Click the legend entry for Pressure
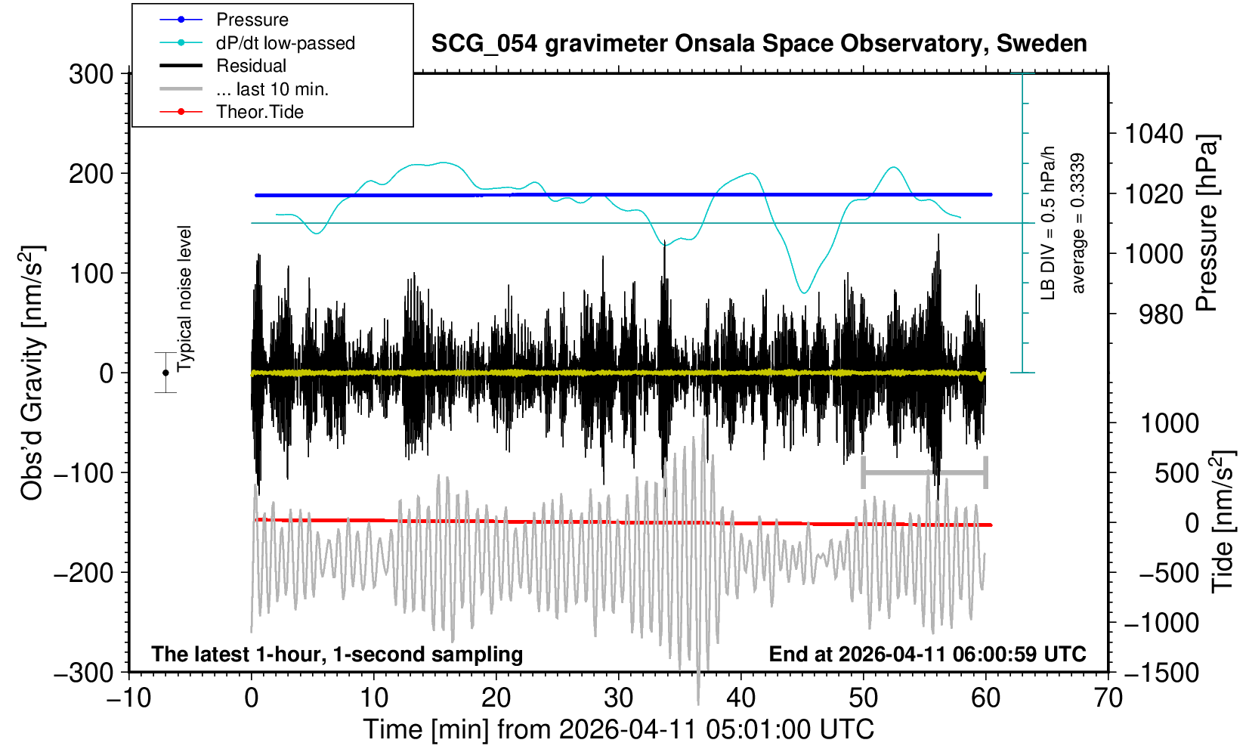[x=252, y=20]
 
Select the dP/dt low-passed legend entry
[x=285, y=43]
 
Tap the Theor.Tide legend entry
[x=259, y=112]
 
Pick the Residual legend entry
[x=251, y=66]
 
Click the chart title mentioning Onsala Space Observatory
[x=759, y=44]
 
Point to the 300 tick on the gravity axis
[x=91, y=74]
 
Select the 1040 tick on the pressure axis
[x=1154, y=134]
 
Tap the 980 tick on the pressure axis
[x=1161, y=314]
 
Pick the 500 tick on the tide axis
[x=1176, y=473]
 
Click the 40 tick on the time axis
[x=741, y=697]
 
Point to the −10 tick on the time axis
[x=129, y=697]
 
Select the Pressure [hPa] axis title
[x=1207, y=223]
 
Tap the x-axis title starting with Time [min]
[x=618, y=729]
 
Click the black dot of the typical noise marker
[x=165, y=373]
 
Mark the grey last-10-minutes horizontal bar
[x=924, y=473]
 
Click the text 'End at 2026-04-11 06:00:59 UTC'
[x=927, y=654]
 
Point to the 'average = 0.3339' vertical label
[x=1078, y=223]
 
